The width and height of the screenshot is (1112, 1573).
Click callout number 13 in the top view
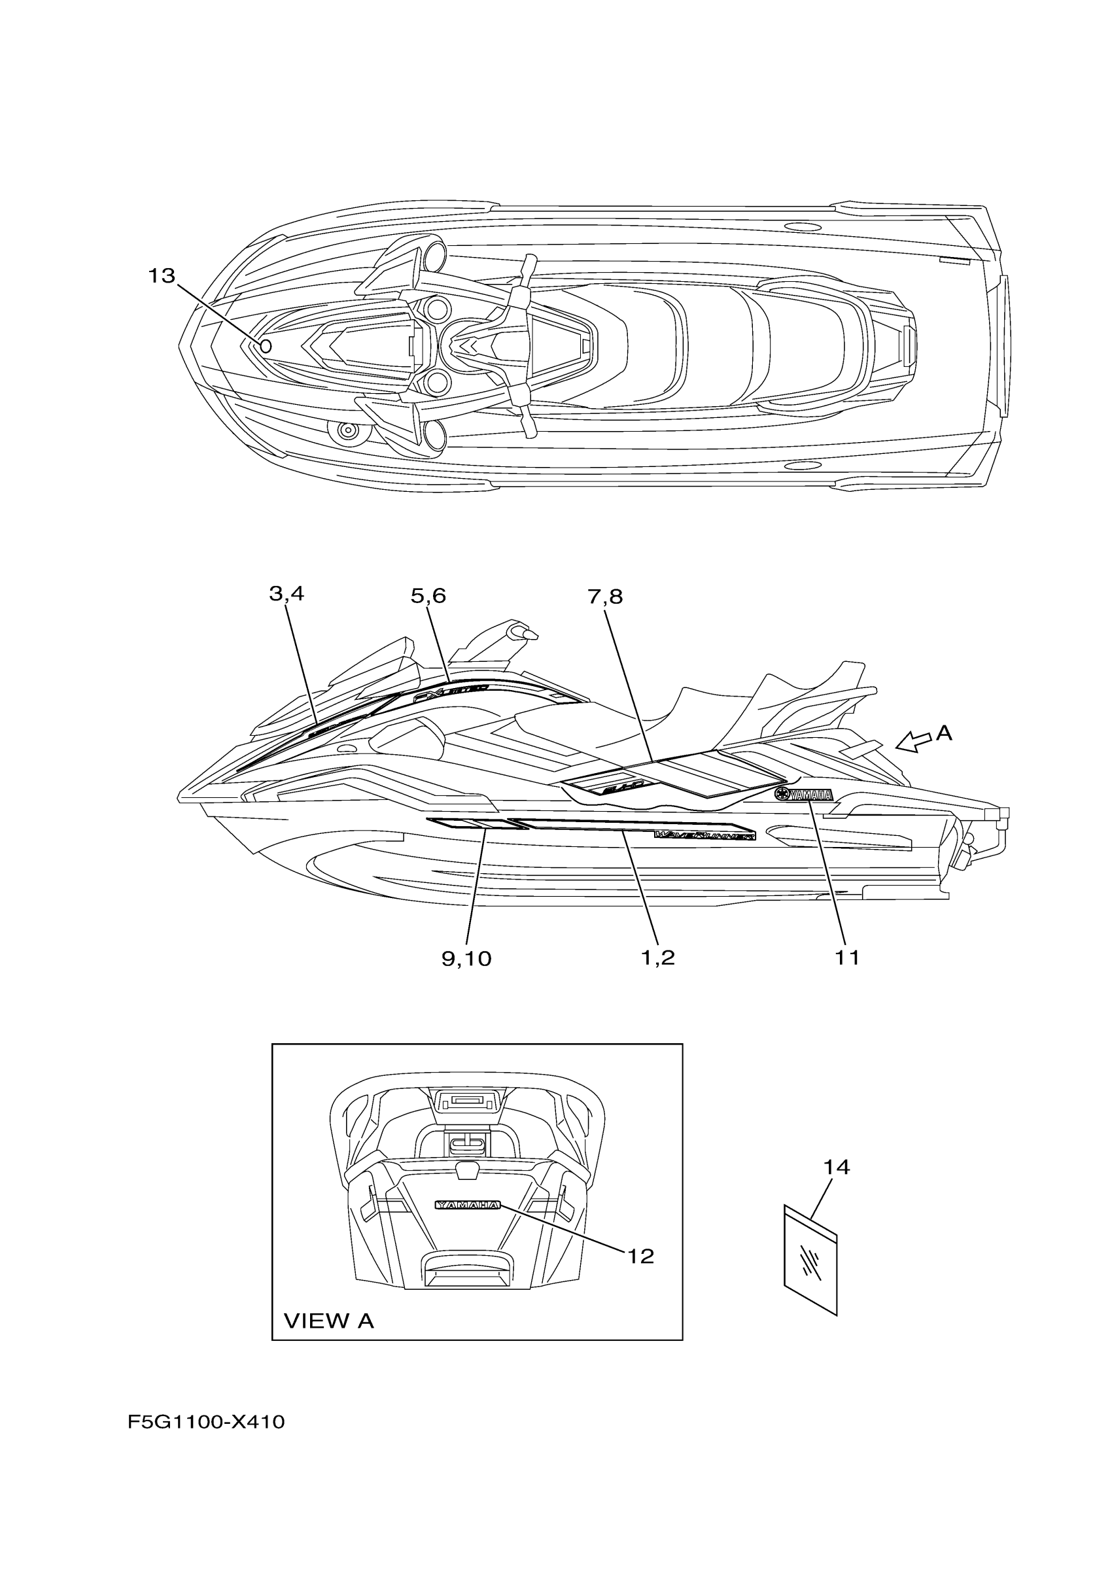coord(162,276)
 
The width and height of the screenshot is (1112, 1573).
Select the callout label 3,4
coord(287,594)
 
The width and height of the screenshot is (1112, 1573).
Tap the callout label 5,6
coord(428,596)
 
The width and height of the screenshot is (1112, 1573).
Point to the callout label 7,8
coord(605,596)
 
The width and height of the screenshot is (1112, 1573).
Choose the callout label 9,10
coord(466,958)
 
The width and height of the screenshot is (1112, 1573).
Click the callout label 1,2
coord(658,958)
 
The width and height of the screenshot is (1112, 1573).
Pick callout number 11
coord(847,958)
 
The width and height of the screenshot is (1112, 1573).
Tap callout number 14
coord(837,1167)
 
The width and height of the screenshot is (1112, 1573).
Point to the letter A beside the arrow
coord(944,733)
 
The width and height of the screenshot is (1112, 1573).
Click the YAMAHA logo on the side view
coord(804,795)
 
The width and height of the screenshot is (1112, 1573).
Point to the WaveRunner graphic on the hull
coord(705,835)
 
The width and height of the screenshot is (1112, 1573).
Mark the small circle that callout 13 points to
coord(266,346)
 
